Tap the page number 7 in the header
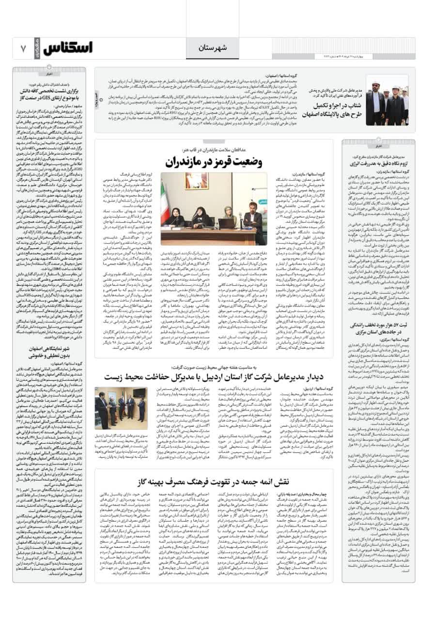click(x=23, y=48)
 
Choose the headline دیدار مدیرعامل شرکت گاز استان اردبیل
click(x=218, y=375)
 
